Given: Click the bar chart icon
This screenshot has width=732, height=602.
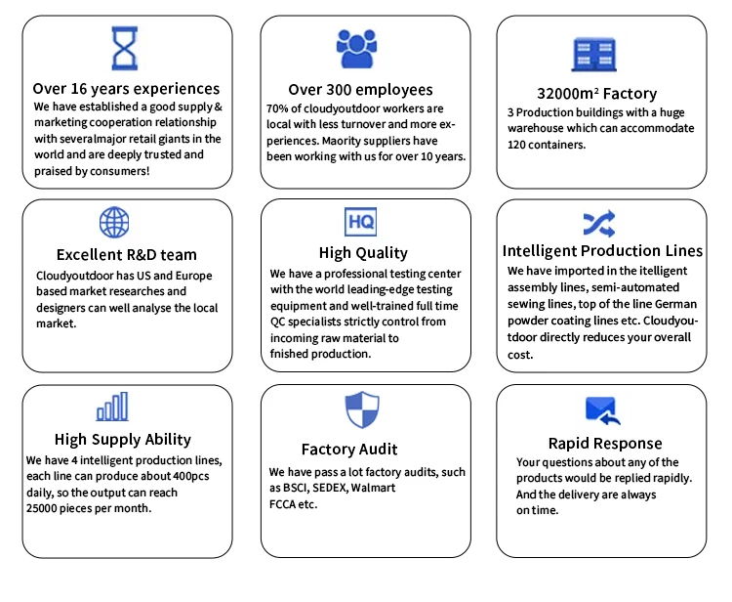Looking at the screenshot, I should click(x=112, y=406).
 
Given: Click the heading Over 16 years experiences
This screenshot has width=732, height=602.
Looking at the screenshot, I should click(x=126, y=89).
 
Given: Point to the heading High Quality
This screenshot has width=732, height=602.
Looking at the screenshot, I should click(x=363, y=253).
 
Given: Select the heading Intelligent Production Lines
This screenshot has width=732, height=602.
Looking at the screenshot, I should click(x=601, y=251).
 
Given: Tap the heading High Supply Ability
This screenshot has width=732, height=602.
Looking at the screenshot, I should click(x=123, y=439).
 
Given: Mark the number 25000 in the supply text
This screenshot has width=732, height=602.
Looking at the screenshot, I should click(x=45, y=508).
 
